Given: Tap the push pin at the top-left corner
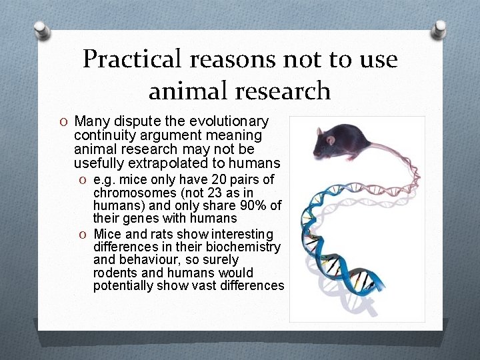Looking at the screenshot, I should pos(41,29).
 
